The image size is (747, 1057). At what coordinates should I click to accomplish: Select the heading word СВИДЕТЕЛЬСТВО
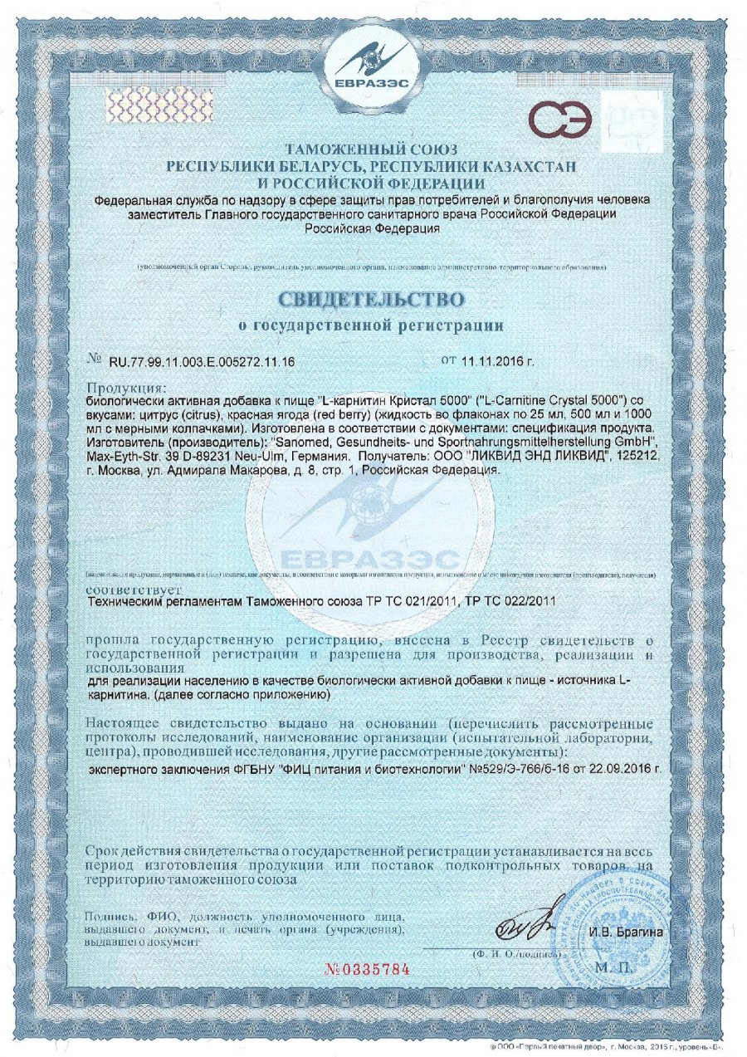click(x=372, y=297)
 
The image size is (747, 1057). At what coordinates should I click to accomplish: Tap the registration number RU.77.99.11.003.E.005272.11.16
click(x=203, y=363)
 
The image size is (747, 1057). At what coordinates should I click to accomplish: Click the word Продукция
click(x=127, y=388)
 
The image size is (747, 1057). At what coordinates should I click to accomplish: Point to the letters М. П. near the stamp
click(x=613, y=969)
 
